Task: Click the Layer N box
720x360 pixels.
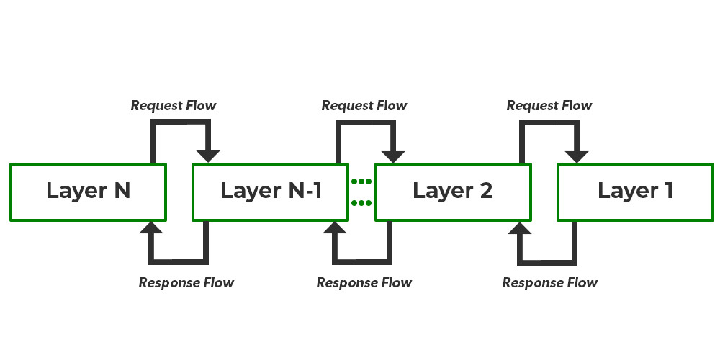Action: point(88,192)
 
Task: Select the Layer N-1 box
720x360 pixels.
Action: point(271,192)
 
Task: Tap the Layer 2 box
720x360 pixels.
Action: point(453,192)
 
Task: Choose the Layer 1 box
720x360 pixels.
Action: point(635,192)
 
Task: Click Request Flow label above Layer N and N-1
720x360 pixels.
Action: point(174,106)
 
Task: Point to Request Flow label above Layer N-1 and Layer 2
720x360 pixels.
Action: point(364,106)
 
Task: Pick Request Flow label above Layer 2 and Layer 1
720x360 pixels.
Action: point(549,106)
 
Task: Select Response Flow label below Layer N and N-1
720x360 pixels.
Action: point(186,282)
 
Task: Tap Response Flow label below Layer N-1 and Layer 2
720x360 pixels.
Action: point(364,282)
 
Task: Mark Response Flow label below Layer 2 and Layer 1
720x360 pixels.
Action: point(550,282)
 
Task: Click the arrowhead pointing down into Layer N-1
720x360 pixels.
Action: point(209,155)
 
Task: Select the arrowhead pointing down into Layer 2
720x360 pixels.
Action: point(392,155)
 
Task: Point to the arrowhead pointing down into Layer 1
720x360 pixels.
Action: point(577,155)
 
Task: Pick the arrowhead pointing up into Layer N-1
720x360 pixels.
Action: point(334,229)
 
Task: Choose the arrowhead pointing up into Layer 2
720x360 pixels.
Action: point(518,229)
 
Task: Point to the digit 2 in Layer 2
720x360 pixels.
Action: point(485,192)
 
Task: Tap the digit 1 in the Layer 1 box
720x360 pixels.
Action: point(668,192)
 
